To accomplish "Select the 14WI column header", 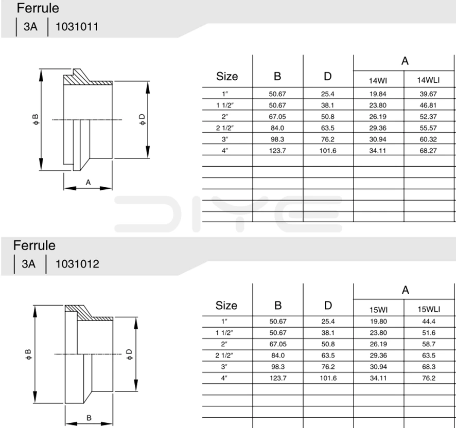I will tap(378, 80).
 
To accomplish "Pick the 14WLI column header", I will tap(429, 80).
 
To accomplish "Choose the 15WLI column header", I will tap(429, 309).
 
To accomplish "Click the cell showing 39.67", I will tap(429, 94).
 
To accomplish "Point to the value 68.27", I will tap(429, 150).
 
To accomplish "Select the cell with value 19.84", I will tap(378, 94).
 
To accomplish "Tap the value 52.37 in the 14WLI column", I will tap(429, 116).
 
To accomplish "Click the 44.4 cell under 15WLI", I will tap(429, 322).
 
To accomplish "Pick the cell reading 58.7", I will tap(429, 344).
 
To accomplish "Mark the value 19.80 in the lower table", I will tap(378, 322).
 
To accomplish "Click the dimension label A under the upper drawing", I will tap(88, 182).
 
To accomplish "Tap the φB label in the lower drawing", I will tap(28, 354).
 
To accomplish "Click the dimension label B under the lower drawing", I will tap(88, 417).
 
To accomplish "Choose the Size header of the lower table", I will tap(226, 305).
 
